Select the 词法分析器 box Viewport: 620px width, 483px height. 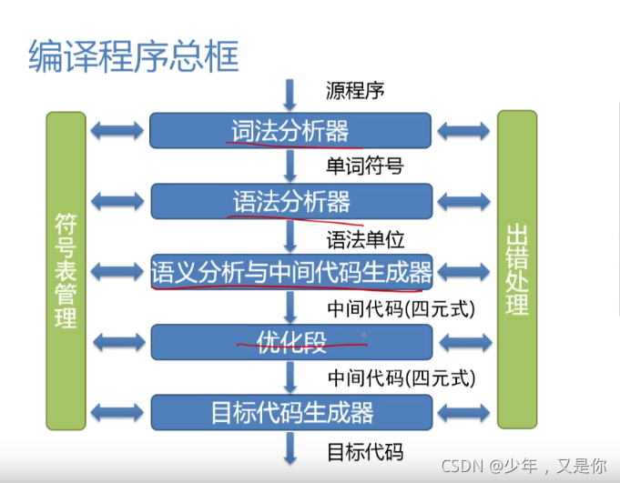[290, 130]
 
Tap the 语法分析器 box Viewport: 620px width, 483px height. [290, 200]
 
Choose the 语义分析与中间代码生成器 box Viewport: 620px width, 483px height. [290, 270]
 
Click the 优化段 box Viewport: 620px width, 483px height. [290, 341]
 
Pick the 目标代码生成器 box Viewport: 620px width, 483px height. [290, 411]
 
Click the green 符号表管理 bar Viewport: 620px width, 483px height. [65, 270]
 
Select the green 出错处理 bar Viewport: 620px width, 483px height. [517, 270]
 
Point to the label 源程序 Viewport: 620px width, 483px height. [355, 91]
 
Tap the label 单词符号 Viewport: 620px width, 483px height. [364, 166]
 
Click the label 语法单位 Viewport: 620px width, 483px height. [364, 238]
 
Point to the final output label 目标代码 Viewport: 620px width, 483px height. [364, 451]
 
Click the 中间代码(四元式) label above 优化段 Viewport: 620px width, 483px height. [401, 308]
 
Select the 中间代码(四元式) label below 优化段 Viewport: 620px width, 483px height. [401, 376]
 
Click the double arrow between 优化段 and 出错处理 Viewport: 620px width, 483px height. [463, 341]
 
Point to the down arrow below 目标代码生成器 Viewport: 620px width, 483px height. [290, 448]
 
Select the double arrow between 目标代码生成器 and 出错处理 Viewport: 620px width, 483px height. [463, 411]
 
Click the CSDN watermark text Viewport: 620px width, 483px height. [523, 466]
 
